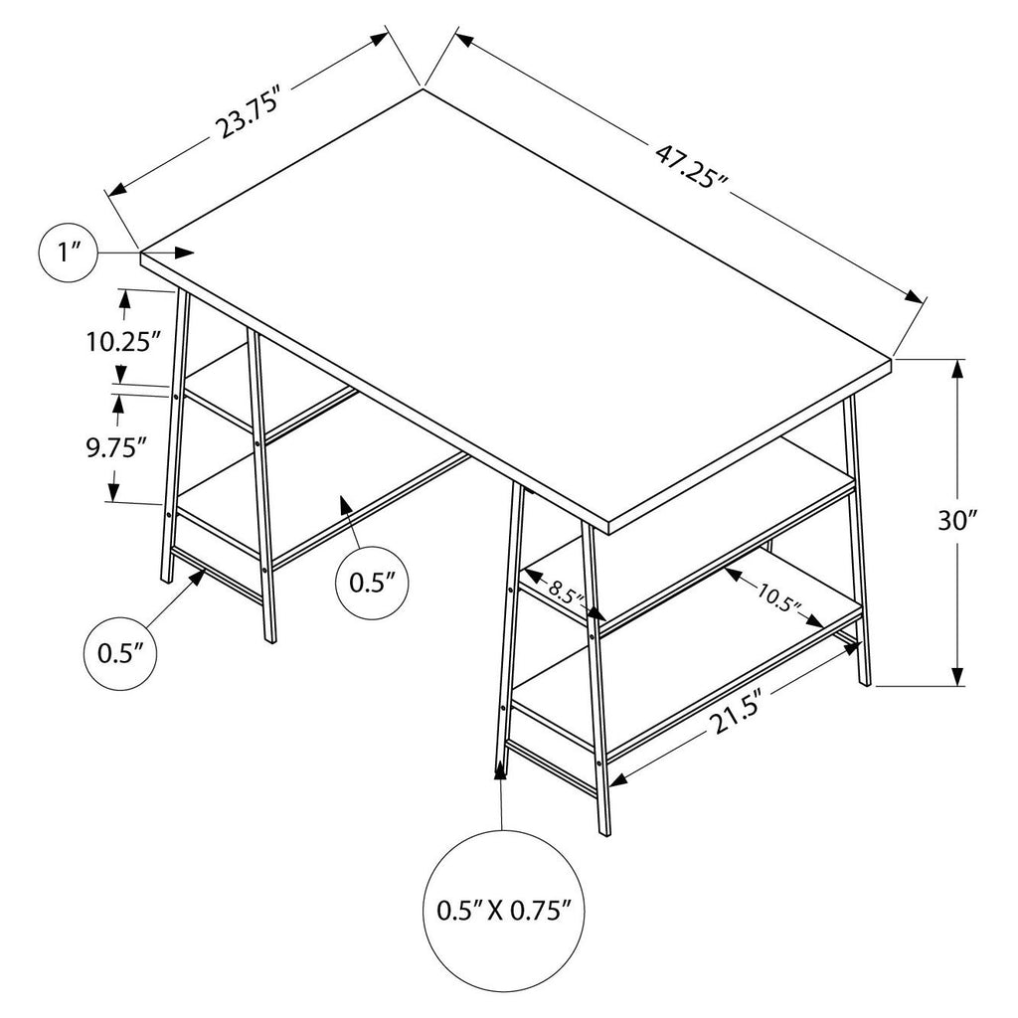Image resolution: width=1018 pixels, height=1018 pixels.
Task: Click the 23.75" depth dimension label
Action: click(x=250, y=117)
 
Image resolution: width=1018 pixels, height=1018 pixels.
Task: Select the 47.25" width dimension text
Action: click(x=692, y=167)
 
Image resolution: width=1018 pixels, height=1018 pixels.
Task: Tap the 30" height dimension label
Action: click(x=957, y=520)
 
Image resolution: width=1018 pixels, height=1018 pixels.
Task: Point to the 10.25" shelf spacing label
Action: click(x=124, y=341)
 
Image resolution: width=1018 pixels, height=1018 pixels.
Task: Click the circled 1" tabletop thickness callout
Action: click(x=69, y=253)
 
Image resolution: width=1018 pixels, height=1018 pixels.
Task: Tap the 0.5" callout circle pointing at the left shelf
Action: click(x=372, y=583)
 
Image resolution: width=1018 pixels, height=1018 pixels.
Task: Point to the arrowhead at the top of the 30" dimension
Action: click(x=957, y=370)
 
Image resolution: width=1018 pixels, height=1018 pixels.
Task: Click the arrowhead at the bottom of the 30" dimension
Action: click(x=957, y=674)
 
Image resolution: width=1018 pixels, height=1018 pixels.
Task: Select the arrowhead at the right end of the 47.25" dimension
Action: click(x=916, y=297)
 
